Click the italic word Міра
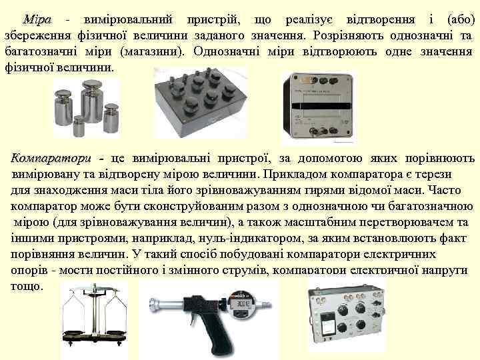click(37, 19)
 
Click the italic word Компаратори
click(51, 159)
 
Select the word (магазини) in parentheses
click(153, 51)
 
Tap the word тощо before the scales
click(27, 286)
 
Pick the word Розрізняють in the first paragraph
click(348, 36)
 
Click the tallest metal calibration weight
click(92, 101)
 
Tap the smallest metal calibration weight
click(79, 126)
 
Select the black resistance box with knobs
click(201, 103)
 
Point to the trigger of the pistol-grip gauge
click(192, 319)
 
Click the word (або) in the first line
click(461, 19)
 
